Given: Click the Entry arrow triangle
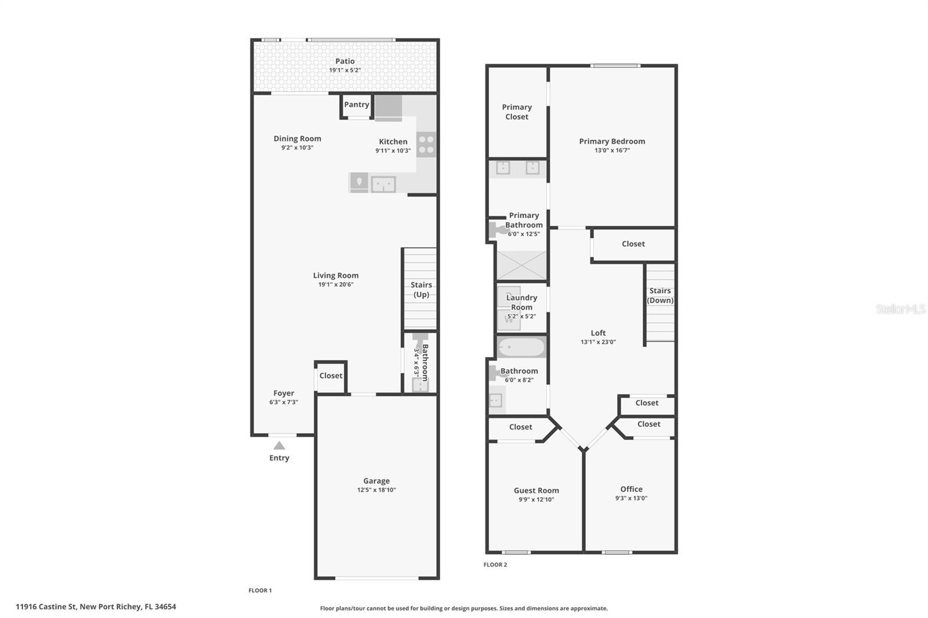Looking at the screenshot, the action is tap(279, 446).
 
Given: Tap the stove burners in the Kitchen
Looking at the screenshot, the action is tap(426, 144).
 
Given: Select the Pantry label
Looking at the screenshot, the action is tap(356, 104).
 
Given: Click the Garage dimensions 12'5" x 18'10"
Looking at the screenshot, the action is tap(376, 490).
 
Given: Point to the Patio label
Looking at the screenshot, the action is tap(345, 61).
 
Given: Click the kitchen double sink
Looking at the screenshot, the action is tap(383, 184).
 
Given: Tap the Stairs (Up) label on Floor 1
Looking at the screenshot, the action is tap(421, 289).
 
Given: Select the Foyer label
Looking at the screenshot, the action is tap(284, 393).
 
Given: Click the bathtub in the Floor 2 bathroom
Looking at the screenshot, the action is tap(521, 347).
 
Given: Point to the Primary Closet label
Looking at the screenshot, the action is tap(517, 112).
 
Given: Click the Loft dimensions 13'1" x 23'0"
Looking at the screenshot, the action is tap(598, 342).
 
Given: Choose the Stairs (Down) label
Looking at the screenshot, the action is tap(660, 295).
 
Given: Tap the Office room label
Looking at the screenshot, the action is tap(631, 489).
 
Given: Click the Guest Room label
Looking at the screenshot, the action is tap(536, 490).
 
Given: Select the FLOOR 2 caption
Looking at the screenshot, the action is tap(495, 565).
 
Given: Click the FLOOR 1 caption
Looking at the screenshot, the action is tap(260, 590).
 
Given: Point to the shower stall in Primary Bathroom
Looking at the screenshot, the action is tap(521, 266).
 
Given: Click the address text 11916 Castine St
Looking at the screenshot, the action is tap(46, 607).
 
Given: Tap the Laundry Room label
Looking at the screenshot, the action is tap(521, 303).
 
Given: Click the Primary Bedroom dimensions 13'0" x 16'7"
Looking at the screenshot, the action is tap(612, 150).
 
